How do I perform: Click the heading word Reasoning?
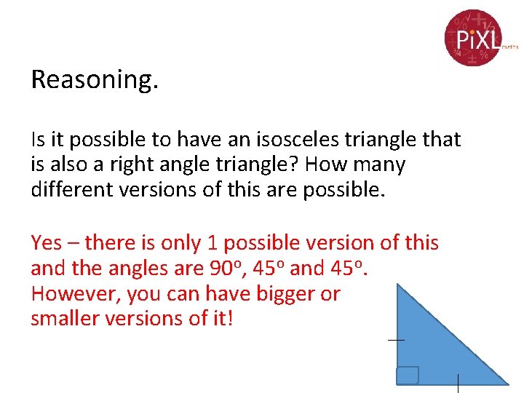94,79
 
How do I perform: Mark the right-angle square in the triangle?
408,375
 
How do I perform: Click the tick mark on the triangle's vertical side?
396,340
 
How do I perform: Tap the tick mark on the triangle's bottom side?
457,384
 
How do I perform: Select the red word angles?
141,269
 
